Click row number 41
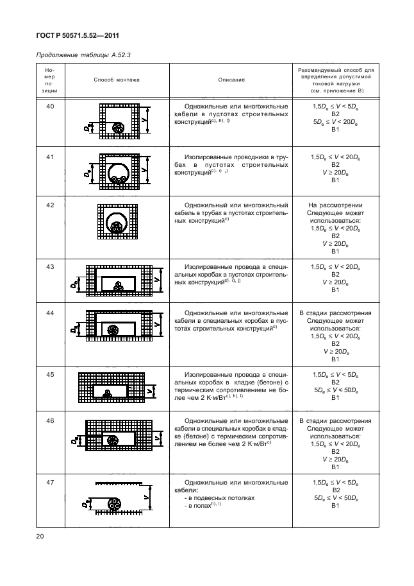[x=50, y=157]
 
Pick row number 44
[x=50, y=313]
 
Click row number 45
[x=50, y=374]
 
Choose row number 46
[x=50, y=421]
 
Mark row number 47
[x=50, y=481]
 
